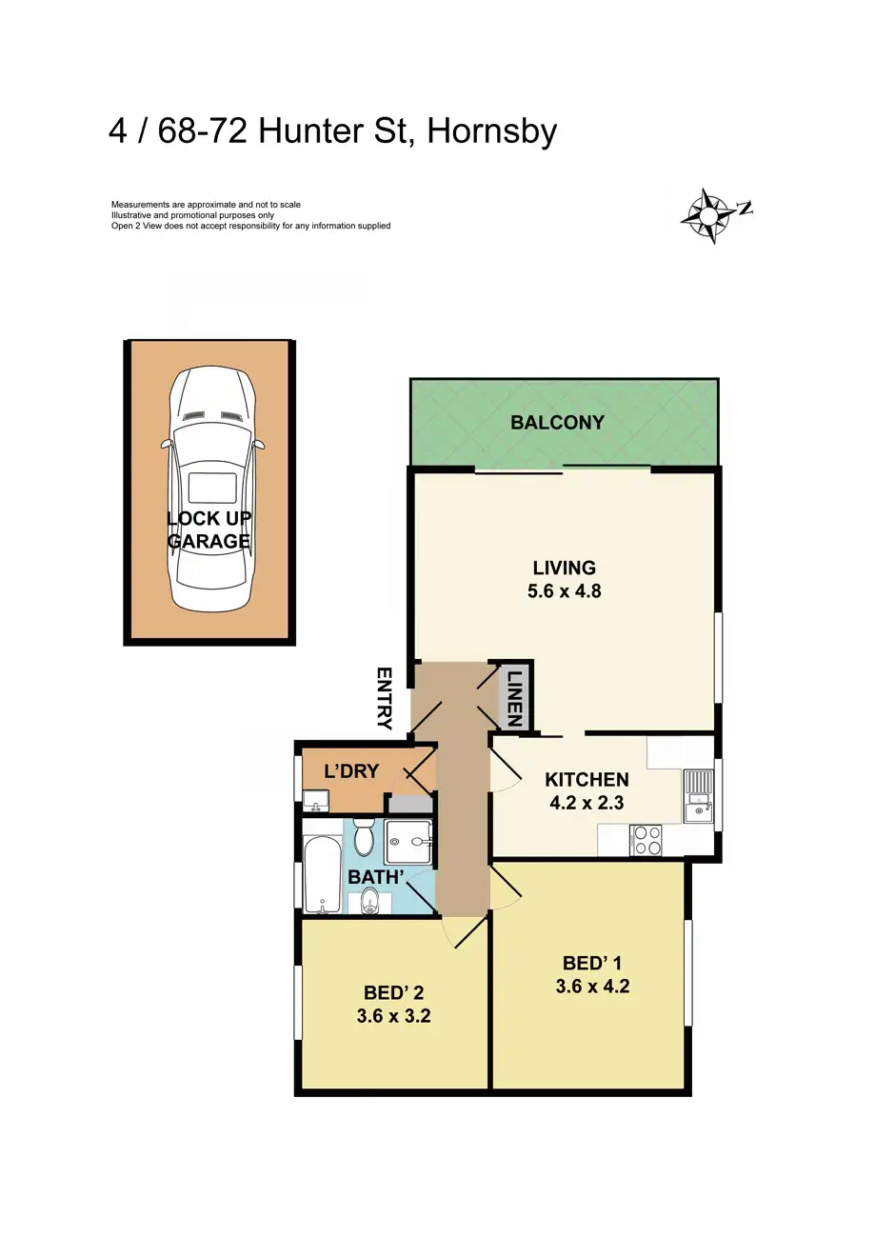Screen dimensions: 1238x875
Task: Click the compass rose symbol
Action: click(x=709, y=215)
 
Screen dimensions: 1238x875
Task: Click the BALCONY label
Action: click(x=557, y=423)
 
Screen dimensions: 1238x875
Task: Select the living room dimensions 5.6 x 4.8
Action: click(x=564, y=590)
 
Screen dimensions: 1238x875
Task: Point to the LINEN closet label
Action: click(x=514, y=699)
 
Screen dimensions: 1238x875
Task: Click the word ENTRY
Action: click(x=385, y=698)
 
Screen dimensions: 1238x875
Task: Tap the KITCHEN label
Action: click(x=586, y=779)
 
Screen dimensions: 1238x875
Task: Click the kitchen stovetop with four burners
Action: click(x=647, y=841)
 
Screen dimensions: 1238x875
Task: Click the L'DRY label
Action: click(x=351, y=771)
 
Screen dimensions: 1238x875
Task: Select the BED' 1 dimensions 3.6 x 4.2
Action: click(x=592, y=987)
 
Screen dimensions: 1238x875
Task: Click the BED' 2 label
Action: click(x=393, y=992)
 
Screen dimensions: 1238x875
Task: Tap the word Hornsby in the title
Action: click(x=491, y=131)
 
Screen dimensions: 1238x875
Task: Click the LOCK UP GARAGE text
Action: click(x=209, y=530)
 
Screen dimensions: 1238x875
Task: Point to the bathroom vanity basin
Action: click(x=369, y=901)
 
